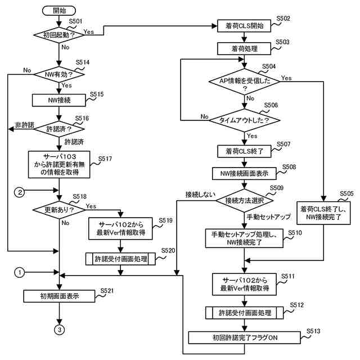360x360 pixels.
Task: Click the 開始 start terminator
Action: coord(59,11)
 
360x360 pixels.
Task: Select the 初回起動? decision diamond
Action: coord(59,35)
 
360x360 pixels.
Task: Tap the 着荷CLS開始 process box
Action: coord(244,26)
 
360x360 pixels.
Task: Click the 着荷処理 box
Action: coord(244,49)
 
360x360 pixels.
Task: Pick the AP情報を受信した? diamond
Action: coord(245,82)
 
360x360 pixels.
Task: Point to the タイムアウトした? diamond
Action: coord(245,120)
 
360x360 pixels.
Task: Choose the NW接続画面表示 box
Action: coord(244,174)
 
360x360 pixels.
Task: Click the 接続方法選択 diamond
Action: coord(245,201)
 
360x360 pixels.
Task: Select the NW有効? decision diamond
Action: coord(59,74)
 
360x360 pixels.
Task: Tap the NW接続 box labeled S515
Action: coord(59,100)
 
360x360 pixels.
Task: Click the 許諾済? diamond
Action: coord(59,129)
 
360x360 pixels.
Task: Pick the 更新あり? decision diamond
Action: coord(59,210)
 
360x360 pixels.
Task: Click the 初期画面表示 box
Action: coord(59,296)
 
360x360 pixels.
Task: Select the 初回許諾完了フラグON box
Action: coord(245,337)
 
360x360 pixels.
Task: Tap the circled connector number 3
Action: coord(60,330)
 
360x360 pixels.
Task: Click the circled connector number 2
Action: coord(20,192)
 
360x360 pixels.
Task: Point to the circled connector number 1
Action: coord(19,272)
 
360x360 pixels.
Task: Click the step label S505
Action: coord(346,193)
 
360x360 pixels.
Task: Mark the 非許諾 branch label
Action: coord(25,125)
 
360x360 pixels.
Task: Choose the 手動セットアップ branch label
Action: coord(269,217)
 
